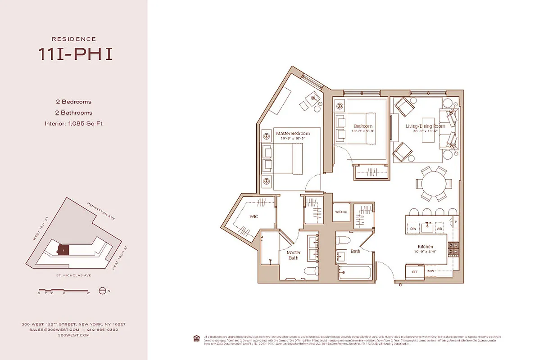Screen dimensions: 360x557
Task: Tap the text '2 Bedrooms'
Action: tap(74, 102)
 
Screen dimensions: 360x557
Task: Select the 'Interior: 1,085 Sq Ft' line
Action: tap(74, 123)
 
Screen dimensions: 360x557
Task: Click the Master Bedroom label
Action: tap(293, 134)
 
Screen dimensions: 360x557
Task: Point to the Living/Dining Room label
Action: tap(425, 126)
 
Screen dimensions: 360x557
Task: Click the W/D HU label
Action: tap(341, 212)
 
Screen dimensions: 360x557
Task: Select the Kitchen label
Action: tap(425, 247)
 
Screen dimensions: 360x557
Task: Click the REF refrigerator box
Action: tap(414, 271)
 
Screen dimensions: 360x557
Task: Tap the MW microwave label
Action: tap(430, 271)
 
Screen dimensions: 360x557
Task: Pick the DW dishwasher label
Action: tap(413, 229)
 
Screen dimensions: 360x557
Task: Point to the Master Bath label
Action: tap(293, 255)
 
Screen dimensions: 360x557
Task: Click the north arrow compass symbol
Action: tap(102, 291)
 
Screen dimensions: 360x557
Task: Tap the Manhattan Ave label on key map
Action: tap(101, 211)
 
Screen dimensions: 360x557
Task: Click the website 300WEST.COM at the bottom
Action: tap(74, 335)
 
